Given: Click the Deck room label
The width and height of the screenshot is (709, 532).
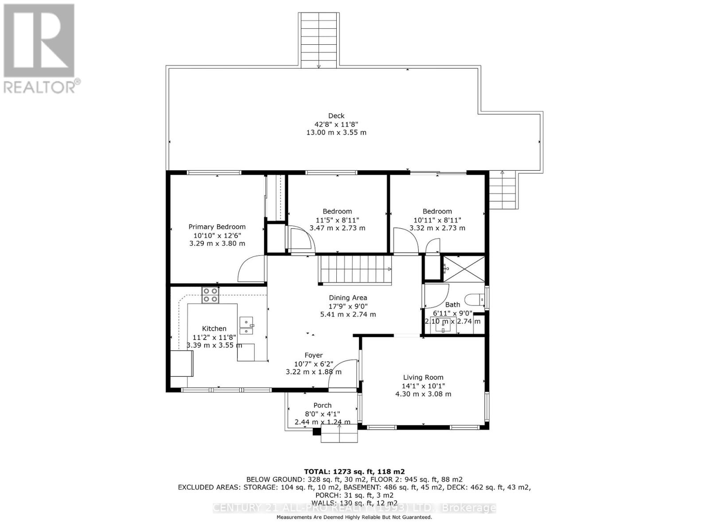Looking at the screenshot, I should (336, 116).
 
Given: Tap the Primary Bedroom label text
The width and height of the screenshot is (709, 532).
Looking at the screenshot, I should (217, 227).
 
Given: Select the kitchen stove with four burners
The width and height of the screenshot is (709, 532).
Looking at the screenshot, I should (210, 295).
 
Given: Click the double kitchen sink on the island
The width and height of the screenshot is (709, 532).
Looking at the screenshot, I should (246, 325).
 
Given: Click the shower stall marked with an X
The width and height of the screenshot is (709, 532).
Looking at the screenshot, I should (464, 268).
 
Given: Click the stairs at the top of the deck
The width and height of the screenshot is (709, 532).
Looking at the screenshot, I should (319, 40).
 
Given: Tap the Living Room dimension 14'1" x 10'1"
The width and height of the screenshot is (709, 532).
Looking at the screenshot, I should (423, 386).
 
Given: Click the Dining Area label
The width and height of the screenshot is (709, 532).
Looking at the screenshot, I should (348, 298).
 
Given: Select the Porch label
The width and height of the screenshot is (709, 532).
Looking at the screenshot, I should (322, 405).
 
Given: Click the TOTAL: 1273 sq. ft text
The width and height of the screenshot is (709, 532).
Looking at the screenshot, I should (354, 472).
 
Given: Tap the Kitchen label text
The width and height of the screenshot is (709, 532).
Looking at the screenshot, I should (214, 329).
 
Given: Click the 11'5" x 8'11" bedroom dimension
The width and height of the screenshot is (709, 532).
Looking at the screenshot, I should (337, 220).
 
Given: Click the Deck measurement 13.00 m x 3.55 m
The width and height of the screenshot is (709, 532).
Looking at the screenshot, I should (336, 133).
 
